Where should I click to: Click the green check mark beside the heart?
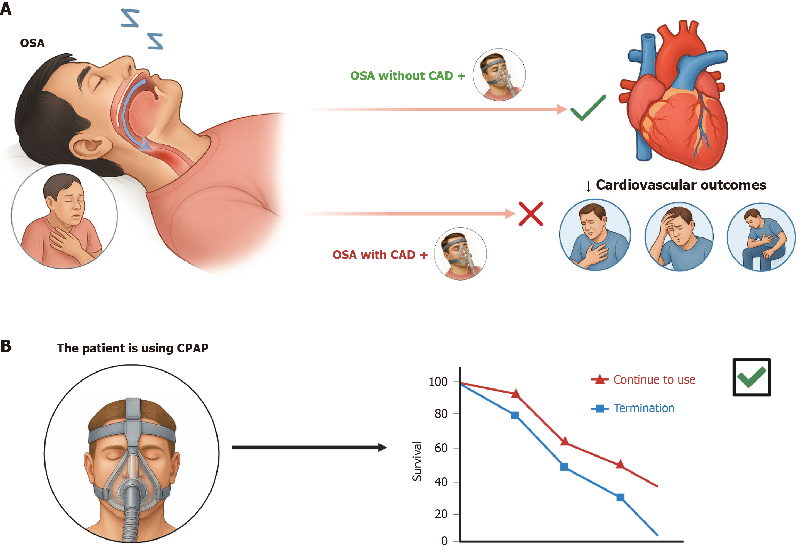[x=588, y=108]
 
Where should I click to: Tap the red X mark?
[x=531, y=214]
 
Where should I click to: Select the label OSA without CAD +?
[x=407, y=76]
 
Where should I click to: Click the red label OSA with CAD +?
[x=380, y=255]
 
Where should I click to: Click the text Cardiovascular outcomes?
[x=681, y=185]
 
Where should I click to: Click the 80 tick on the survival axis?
[x=441, y=414]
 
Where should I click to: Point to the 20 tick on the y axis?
[x=441, y=514]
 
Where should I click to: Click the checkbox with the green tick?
[x=752, y=377]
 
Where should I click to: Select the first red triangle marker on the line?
[x=516, y=394]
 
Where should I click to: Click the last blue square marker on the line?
[x=620, y=497]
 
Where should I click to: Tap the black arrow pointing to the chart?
[x=309, y=448]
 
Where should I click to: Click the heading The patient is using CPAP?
[x=132, y=348]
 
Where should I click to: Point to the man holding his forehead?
[x=679, y=237]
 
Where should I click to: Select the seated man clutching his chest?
[x=761, y=237]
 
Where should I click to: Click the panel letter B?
[x=6, y=346]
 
